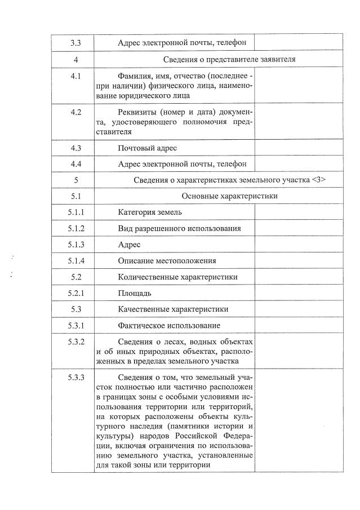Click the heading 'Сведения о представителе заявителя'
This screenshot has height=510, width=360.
tap(230, 59)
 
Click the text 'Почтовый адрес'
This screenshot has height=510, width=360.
tap(148, 148)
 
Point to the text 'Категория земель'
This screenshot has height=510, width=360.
tap(150, 212)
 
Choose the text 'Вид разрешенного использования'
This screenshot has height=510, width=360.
tap(180, 228)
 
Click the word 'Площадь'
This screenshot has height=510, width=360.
tap(134, 293)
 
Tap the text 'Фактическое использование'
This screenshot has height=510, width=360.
tap(169, 326)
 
